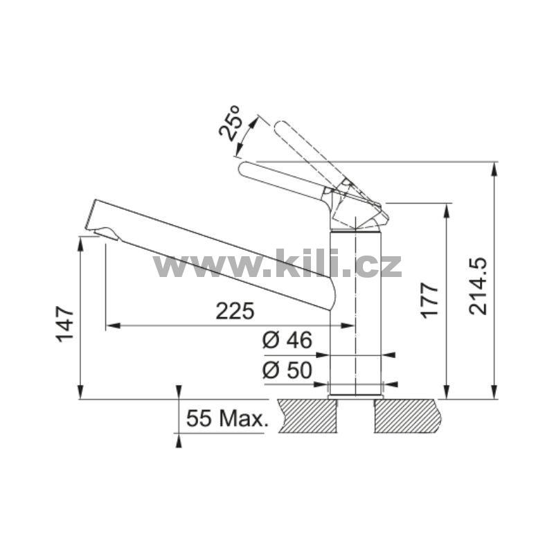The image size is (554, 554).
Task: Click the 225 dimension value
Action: pyautogui.click(x=235, y=311)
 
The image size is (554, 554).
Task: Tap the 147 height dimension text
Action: pyautogui.click(x=64, y=324)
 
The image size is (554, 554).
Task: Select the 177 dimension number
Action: pyautogui.click(x=429, y=301)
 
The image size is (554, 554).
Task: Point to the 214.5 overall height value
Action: pyautogui.click(x=478, y=287)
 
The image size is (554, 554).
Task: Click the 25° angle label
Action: pyautogui.click(x=230, y=123)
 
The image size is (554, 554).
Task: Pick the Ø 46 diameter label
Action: pyautogui.click(x=287, y=340)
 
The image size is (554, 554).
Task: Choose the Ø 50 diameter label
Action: pyautogui.click(x=287, y=370)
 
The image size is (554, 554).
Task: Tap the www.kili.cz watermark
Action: pyautogui.click(x=278, y=264)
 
